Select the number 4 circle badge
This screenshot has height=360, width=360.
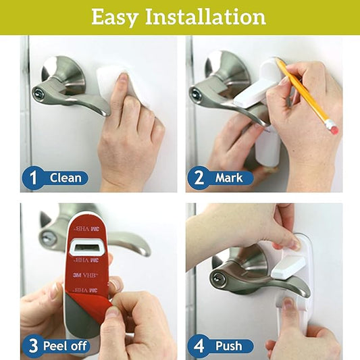point(197,346)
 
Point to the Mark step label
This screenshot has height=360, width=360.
point(229,178)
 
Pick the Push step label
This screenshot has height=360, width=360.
point(229,346)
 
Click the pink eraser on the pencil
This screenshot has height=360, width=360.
point(331,126)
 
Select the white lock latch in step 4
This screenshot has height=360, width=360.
point(288,265)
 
